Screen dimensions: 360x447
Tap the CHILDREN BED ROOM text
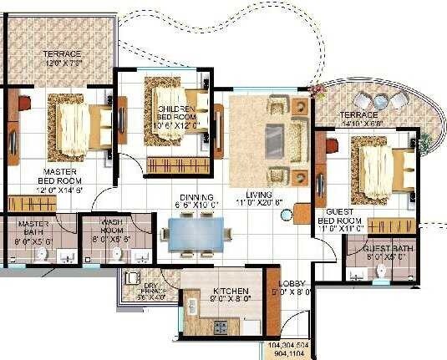(174, 114)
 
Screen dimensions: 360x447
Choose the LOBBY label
(292, 287)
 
